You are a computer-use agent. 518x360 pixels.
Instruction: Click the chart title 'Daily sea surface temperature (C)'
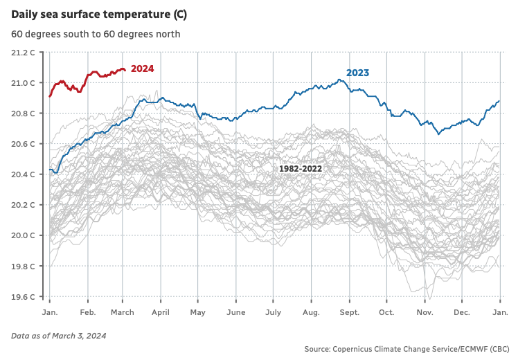[98, 15]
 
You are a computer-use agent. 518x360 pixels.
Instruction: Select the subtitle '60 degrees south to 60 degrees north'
[96, 34]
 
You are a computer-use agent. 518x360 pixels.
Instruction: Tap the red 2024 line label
[142, 69]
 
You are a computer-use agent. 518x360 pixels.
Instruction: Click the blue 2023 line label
[357, 73]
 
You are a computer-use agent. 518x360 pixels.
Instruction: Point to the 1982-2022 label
[301, 169]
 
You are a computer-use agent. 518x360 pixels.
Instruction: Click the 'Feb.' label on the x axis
[88, 313]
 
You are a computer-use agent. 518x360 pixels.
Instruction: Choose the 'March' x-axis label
[123, 313]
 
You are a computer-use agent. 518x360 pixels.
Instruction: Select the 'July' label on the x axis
[274, 313]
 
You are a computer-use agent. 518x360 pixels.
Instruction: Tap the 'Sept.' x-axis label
[349, 313]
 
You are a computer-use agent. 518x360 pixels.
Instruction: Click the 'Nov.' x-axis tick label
[424, 313]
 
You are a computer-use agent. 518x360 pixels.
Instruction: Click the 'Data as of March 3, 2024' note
[59, 336]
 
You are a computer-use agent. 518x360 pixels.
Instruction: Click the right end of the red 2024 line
[125, 69]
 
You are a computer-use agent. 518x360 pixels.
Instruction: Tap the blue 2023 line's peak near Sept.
[340, 80]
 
